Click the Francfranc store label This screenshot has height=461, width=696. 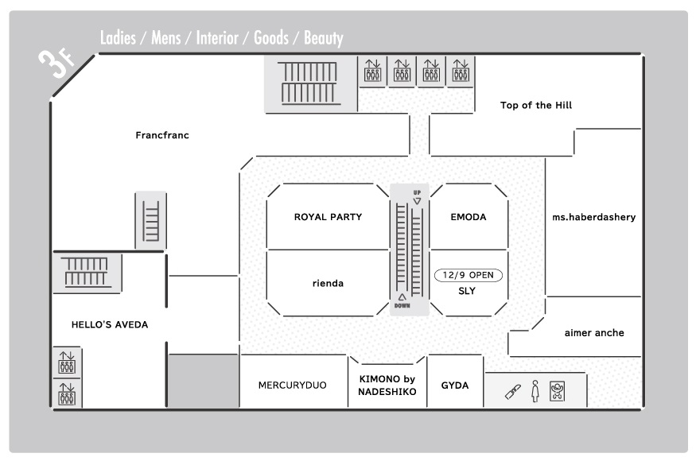click(162, 135)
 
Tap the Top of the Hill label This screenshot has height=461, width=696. click(536, 105)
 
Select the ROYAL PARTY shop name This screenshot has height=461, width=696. click(328, 217)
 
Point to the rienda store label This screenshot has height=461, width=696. click(328, 283)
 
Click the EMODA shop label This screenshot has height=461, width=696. click(469, 217)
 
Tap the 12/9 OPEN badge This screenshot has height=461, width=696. click(469, 275)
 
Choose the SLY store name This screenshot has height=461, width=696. click(467, 291)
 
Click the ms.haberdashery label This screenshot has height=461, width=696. click(594, 217)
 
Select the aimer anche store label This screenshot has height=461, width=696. click(594, 333)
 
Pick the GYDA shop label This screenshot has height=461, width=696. click(454, 385)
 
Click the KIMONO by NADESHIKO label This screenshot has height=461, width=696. click(387, 385)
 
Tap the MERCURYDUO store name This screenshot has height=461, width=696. click(292, 385)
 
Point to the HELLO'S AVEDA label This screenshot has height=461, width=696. click(110, 324)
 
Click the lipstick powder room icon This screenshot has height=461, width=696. click(513, 392)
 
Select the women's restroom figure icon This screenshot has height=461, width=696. click(535, 391)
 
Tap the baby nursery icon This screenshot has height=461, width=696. click(557, 391)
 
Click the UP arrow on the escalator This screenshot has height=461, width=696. click(417, 201)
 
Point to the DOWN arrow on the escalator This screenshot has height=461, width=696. click(402, 297)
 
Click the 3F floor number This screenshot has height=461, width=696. click(56, 63)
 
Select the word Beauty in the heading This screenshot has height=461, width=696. click(324, 39)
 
